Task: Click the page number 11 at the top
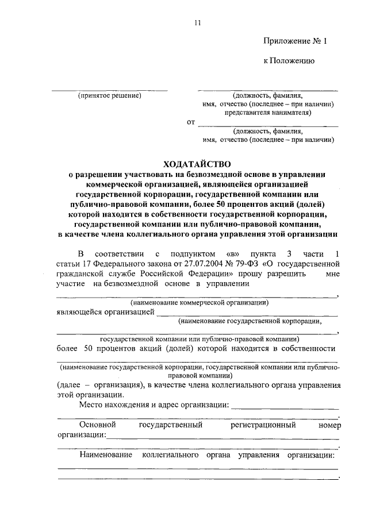coord(197,22)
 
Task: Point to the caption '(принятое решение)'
coord(109,95)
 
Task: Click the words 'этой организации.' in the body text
coord(89,395)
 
